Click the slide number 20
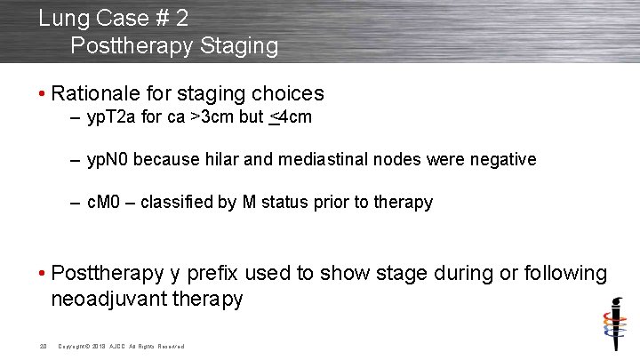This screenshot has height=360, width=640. (43, 346)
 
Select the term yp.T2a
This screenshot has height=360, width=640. (112, 118)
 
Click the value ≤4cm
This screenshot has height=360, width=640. (291, 118)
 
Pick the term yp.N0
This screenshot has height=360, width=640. (109, 160)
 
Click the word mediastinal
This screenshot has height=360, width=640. (324, 160)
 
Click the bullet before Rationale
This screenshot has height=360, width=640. (42, 94)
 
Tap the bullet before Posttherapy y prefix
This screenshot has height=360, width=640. (42, 274)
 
